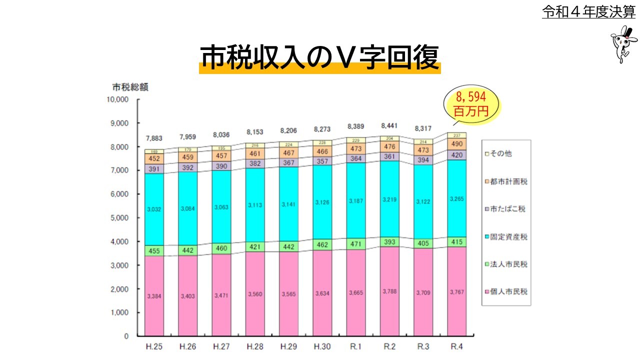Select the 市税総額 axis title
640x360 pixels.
tap(130, 86)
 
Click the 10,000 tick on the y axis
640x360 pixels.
tap(118, 99)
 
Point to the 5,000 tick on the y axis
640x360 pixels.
tap(120, 218)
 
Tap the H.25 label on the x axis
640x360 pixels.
tap(154, 346)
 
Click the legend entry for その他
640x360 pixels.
tap(500, 153)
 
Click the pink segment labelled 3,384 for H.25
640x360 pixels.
tap(154, 296)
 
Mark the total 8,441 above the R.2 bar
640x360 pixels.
tap(390, 125)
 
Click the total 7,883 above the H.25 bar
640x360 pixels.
tap(154, 138)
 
